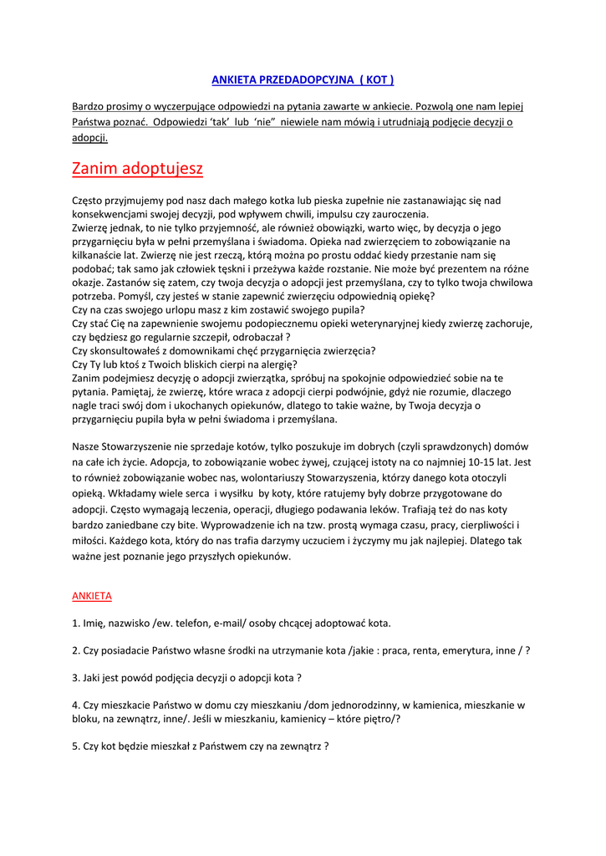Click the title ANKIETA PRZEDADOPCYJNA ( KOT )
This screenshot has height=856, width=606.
click(302, 79)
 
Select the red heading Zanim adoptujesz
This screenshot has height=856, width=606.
click(137, 168)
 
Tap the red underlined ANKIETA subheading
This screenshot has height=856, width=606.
click(92, 596)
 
